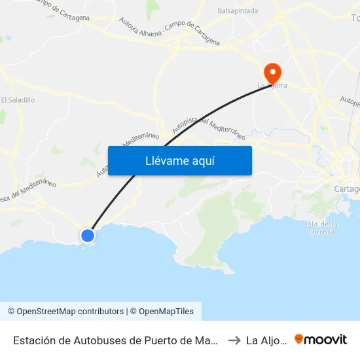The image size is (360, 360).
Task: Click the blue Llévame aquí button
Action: click(x=179, y=160)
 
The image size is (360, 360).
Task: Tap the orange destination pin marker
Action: click(x=270, y=72)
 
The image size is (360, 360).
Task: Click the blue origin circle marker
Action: click(x=87, y=235)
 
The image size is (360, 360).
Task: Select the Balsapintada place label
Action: click(x=238, y=11)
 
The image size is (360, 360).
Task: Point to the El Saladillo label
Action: click(x=18, y=100)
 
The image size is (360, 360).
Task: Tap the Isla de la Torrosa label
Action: click(x=321, y=228)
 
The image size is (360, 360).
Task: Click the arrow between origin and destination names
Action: click(x=233, y=340)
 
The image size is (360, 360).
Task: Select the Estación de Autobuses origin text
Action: click(x=115, y=340)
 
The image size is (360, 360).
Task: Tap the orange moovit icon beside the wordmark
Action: click(x=299, y=339)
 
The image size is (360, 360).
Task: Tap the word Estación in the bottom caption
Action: click(x=34, y=340)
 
